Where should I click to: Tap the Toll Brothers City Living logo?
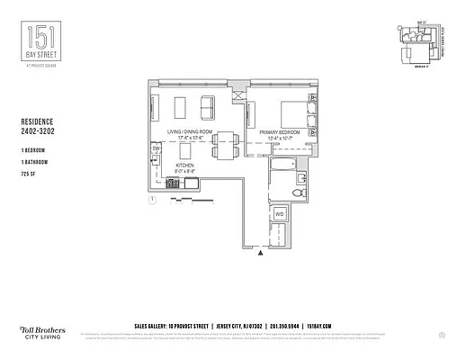click(x=40, y=330)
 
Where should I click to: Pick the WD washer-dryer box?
click(x=280, y=214)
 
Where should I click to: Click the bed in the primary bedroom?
click(x=296, y=114)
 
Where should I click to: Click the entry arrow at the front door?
click(x=261, y=255)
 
